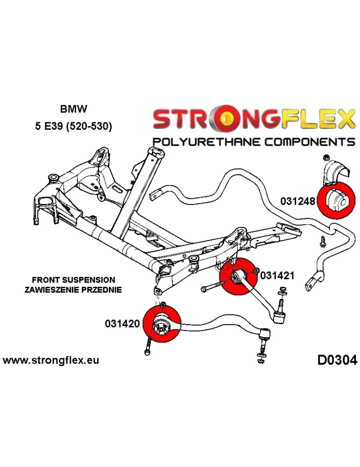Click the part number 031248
(x=299, y=201)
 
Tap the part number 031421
(x=277, y=276)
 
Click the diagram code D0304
(x=337, y=361)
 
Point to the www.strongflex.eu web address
(x=51, y=361)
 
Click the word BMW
(x=73, y=110)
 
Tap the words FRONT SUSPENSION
(x=73, y=280)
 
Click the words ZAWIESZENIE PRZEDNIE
(x=73, y=290)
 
